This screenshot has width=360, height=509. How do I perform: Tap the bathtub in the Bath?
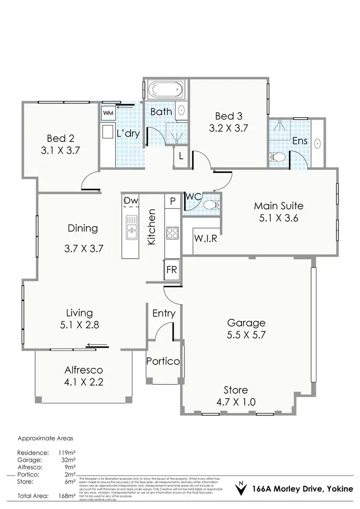pyautogui.click(x=163, y=90)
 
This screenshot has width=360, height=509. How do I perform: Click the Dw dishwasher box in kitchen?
pyautogui.click(x=130, y=200)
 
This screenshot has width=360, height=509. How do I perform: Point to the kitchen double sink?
pyautogui.click(x=131, y=227)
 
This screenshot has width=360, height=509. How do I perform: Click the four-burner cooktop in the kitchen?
pyautogui.click(x=172, y=233)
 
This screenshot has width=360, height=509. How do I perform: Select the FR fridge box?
pyautogui.click(x=171, y=269)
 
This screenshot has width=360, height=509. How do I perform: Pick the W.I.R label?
pyautogui.click(x=206, y=239)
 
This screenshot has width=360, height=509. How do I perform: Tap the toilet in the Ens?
pyautogui.click(x=277, y=157)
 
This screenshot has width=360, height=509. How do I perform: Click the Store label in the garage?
pyautogui.click(x=235, y=390)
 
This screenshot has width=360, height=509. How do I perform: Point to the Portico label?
pyautogui.click(x=163, y=361)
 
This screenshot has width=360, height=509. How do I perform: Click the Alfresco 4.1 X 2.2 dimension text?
pyautogui.click(x=84, y=382)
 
